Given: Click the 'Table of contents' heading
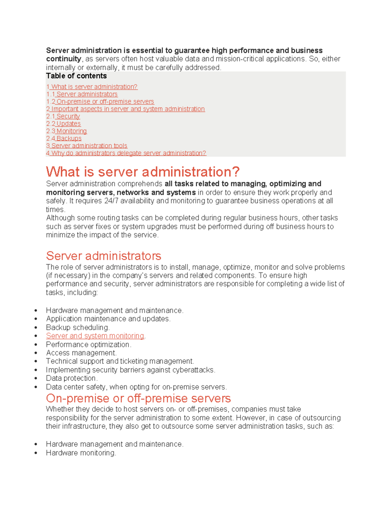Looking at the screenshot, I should (x=76, y=76).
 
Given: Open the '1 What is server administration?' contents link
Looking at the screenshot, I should (x=92, y=87).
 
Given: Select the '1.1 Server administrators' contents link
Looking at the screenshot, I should (x=82, y=94).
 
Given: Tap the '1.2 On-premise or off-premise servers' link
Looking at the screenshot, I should (x=100, y=102).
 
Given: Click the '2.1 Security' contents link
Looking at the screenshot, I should (x=63, y=117).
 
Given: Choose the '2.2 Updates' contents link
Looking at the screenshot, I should (x=63, y=124).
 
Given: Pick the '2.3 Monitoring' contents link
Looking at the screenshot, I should (x=67, y=131).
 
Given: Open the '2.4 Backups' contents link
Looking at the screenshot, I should (x=64, y=138).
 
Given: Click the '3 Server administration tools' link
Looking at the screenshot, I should (x=87, y=146).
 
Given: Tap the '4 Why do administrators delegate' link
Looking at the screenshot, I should (x=126, y=153).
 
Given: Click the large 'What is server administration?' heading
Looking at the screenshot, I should (x=143, y=172).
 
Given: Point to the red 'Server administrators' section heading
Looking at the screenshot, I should (x=104, y=256).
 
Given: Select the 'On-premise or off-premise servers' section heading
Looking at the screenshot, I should (x=138, y=398).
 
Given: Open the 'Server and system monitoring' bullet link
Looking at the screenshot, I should (x=95, y=336).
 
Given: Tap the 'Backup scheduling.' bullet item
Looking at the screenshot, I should (x=78, y=327).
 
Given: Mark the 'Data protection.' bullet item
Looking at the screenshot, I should (x=72, y=378).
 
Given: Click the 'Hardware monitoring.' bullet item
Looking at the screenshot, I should (x=81, y=453).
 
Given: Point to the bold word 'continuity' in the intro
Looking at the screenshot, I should (x=64, y=59).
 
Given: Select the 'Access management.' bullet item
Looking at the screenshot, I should (x=81, y=353).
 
